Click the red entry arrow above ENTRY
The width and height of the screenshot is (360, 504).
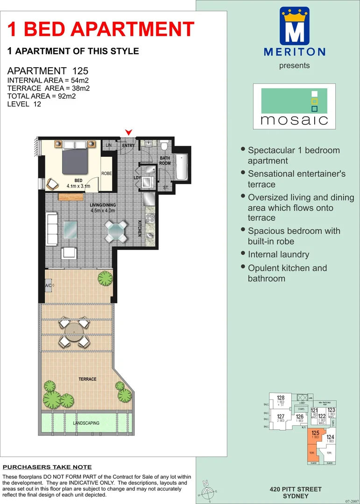129,133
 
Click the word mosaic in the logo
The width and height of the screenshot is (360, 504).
294,120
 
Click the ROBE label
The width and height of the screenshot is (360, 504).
107,173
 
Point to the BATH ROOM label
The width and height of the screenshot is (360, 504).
165,161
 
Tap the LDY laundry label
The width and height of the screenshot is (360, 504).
137,178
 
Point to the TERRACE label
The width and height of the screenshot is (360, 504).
87,379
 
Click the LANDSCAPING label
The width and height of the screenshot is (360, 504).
86,423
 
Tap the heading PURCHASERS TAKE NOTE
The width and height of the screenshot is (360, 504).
47,467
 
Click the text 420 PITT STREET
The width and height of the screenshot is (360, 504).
296,489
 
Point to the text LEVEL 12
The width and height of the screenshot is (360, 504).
24,104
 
